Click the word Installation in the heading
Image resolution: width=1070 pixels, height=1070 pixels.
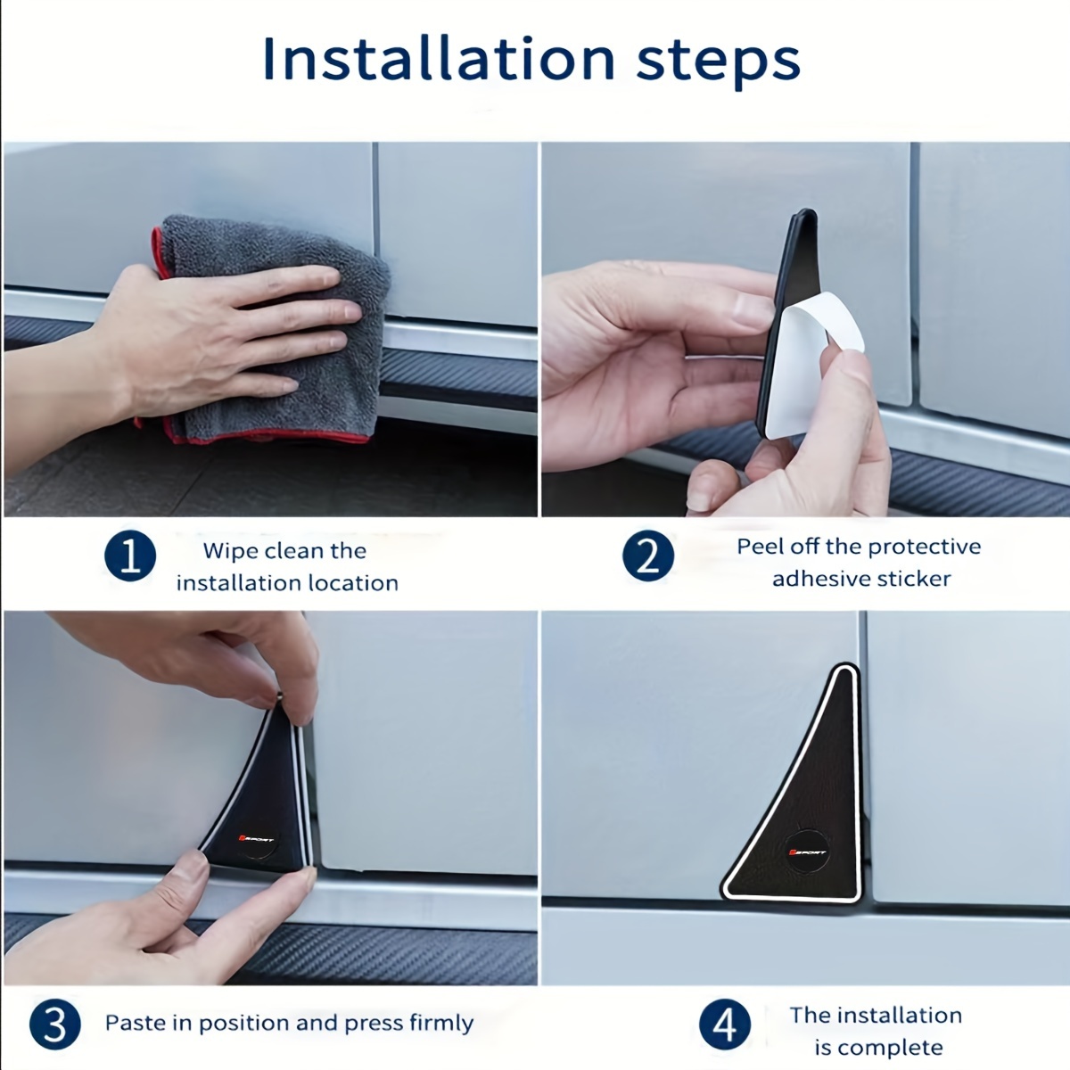coord(439,59)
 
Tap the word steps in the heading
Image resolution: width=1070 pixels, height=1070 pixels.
coord(718,62)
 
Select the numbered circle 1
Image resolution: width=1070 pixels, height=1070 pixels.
coord(130,556)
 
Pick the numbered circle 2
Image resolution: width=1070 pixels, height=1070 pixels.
coord(648,556)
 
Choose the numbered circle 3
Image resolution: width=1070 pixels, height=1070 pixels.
coord(55,1025)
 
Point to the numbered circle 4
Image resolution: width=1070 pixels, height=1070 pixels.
coord(725,1025)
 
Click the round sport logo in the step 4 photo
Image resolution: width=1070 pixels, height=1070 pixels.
coord(808,852)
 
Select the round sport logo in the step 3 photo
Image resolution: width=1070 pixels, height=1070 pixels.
coord(257,839)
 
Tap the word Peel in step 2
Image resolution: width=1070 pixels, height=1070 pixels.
coord(760,547)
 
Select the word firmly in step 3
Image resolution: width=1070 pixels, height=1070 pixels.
coord(441,1023)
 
